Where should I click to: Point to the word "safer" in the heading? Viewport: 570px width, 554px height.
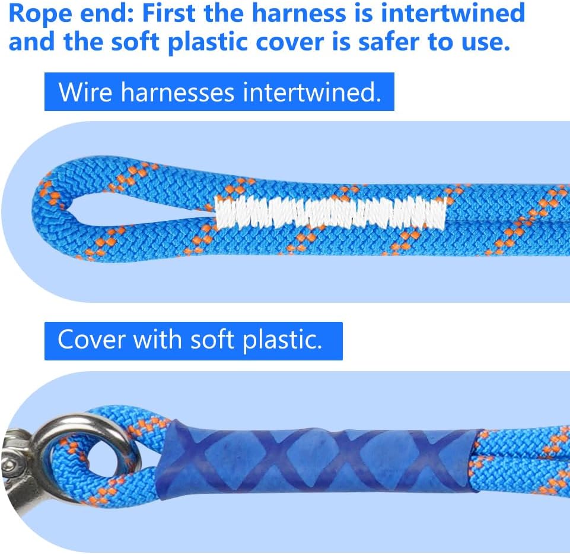[389, 42]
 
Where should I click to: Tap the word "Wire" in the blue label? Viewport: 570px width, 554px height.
[85, 92]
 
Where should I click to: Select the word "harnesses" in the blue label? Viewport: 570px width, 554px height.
[177, 92]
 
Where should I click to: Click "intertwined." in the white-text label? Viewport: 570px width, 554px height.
[312, 91]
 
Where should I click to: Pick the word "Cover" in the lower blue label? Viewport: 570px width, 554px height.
[91, 340]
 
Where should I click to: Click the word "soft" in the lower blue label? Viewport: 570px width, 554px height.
[212, 339]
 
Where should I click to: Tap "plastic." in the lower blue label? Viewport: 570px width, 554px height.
[282, 340]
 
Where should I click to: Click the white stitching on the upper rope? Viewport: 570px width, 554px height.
[330, 213]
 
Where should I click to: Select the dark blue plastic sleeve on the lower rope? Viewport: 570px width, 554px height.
[316, 460]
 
